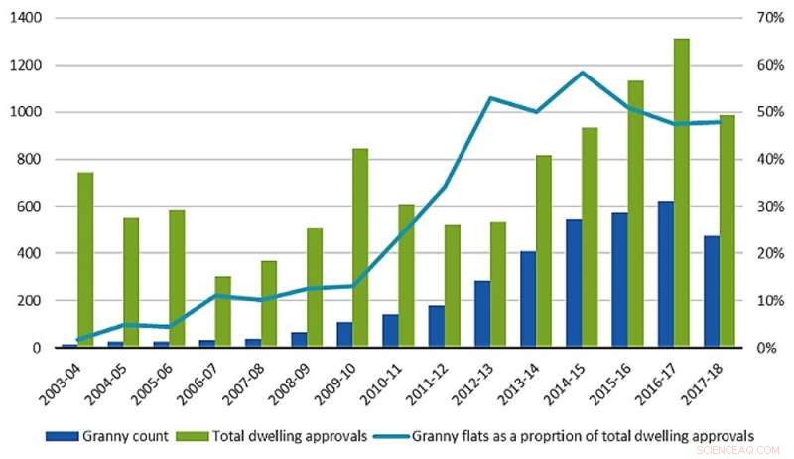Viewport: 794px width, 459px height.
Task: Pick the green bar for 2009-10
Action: tap(360, 248)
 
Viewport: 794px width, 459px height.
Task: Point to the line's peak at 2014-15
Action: tap(583, 73)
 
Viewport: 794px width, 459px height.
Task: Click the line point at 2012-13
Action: tap(491, 98)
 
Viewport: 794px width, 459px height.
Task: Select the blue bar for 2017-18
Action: tap(711, 292)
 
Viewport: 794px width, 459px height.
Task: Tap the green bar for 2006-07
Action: tap(223, 312)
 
